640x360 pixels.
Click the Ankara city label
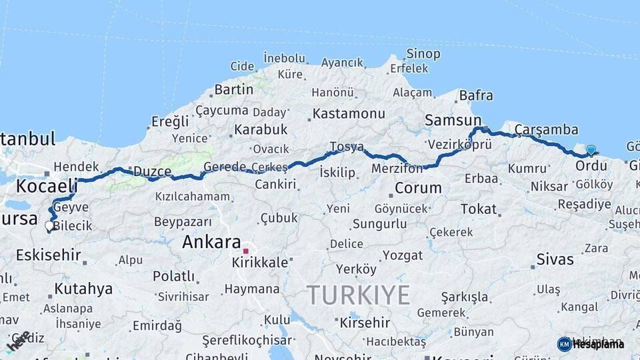coord(211,242)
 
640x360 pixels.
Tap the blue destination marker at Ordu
coord(591,150)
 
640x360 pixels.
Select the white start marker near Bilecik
coord(49,226)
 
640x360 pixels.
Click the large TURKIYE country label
coord(358,295)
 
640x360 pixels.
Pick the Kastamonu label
coord(349,113)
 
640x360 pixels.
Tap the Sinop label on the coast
coord(423,54)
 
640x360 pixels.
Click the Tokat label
coord(479,209)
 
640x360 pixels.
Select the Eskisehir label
coord(49,255)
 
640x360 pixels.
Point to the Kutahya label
coord(83,289)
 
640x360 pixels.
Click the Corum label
coord(418,188)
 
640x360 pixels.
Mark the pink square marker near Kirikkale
coord(246,251)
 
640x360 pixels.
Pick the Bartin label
coord(233,89)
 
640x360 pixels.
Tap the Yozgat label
coord(403,255)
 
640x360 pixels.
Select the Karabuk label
coord(261,129)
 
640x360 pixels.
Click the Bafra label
coord(476,96)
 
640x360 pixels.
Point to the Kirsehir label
coord(365,323)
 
